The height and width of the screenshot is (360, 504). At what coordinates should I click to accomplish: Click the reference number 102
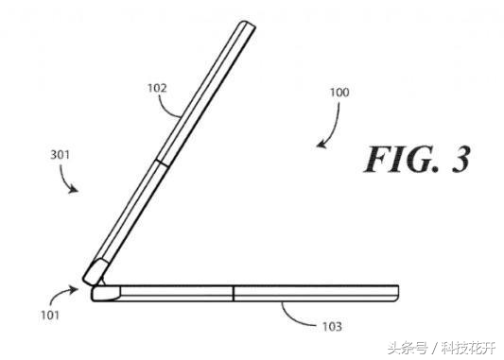pyautogui.click(x=157, y=89)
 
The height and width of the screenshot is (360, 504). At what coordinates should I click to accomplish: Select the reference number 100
pyautogui.click(x=339, y=94)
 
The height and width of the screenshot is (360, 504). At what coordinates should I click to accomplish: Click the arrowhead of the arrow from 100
pyautogui.click(x=320, y=147)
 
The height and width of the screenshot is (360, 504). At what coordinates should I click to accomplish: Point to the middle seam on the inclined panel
pyautogui.click(x=165, y=163)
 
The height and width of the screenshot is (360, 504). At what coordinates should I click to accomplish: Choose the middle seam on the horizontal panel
pyautogui.click(x=234, y=292)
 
